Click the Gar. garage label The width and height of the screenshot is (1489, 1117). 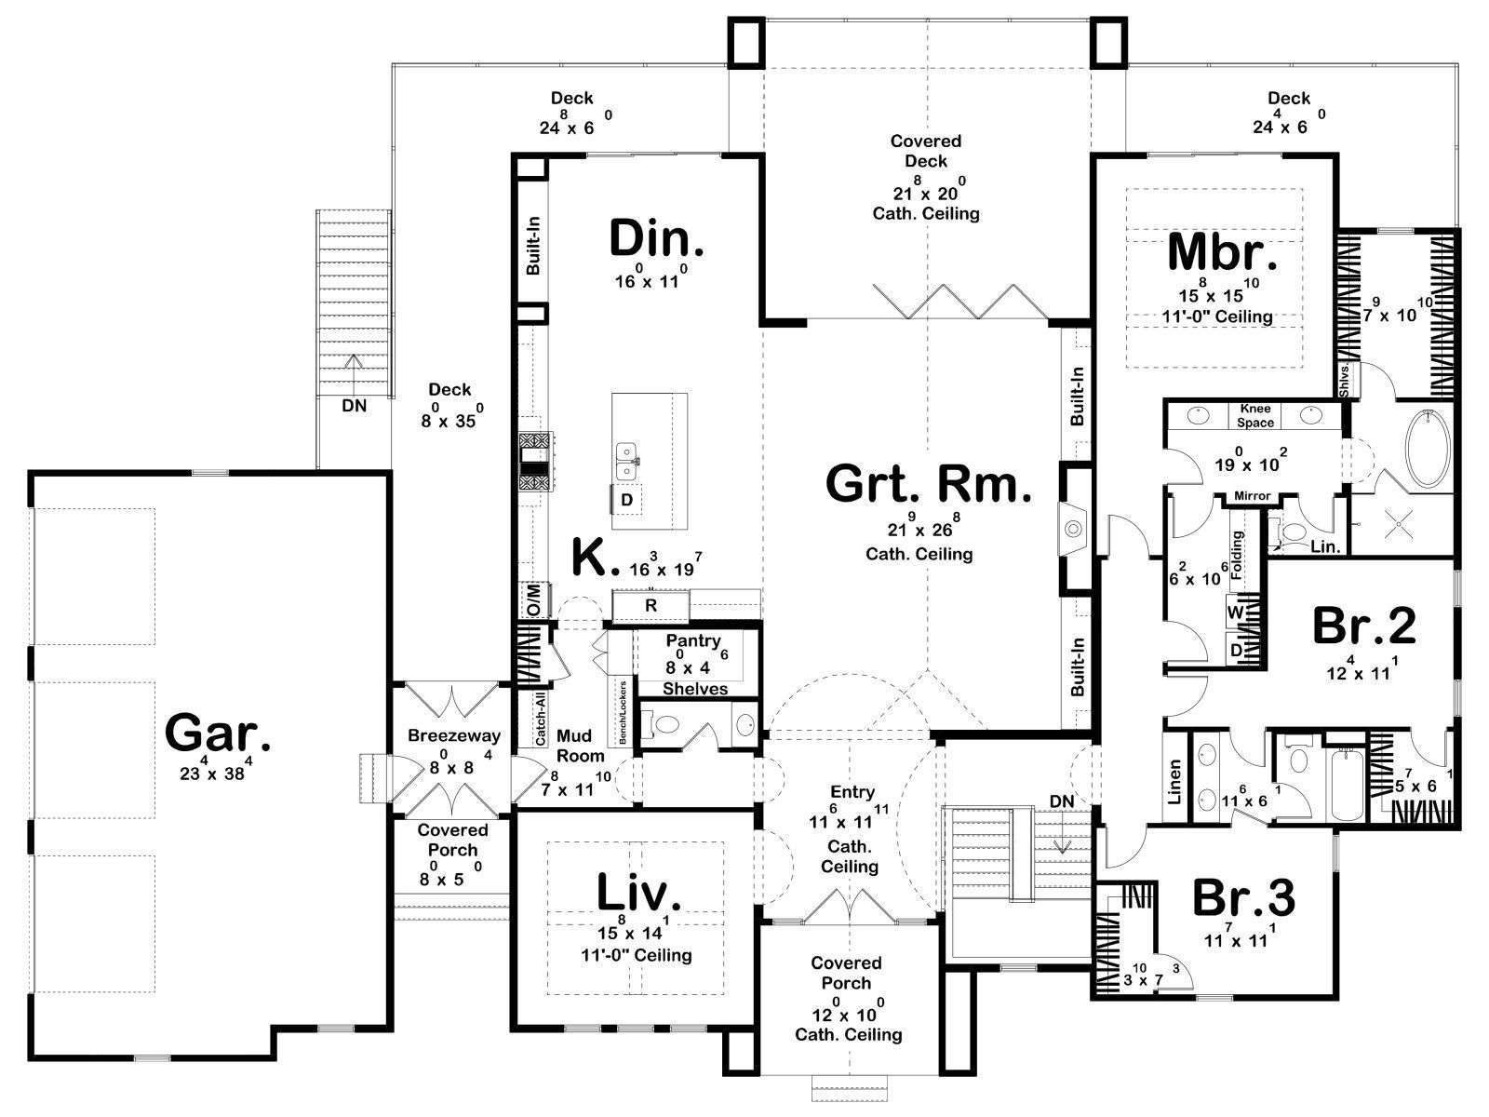[219, 733]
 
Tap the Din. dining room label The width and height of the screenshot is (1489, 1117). [656, 238]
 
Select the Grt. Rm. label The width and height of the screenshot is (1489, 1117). [929, 485]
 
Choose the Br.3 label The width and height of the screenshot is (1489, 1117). [1244, 898]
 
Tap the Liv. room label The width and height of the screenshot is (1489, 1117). [638, 892]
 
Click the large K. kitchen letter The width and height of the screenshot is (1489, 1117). [596, 559]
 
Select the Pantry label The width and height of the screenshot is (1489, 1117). [693, 640]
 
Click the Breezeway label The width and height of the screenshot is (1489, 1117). [454, 735]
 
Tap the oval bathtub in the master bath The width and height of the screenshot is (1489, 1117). [1424, 450]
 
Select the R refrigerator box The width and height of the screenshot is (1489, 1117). [651, 605]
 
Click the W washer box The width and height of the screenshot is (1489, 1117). [1236, 612]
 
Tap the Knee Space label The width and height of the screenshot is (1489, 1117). [1255, 415]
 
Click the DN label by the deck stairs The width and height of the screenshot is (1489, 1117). [354, 406]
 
